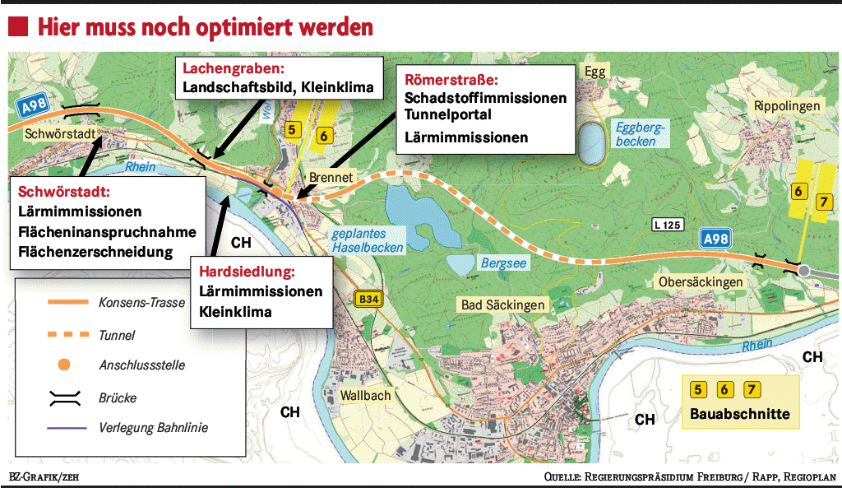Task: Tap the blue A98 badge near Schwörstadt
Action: tap(34, 105)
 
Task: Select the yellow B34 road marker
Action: tap(368, 300)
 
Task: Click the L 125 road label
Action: tap(669, 224)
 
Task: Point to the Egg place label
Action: tap(594, 72)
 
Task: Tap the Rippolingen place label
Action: tap(787, 106)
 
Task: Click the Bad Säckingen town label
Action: tap(502, 304)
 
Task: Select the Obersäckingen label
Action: tap(700, 282)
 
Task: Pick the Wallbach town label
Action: tap(366, 396)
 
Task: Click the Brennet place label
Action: tap(331, 177)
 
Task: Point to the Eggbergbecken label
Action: tap(641, 133)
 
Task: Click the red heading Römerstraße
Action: tap(451, 80)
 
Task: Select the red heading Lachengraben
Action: tap(233, 68)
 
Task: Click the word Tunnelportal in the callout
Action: tap(448, 114)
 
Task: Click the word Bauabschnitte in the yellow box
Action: tap(739, 414)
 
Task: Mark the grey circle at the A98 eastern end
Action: tap(804, 270)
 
